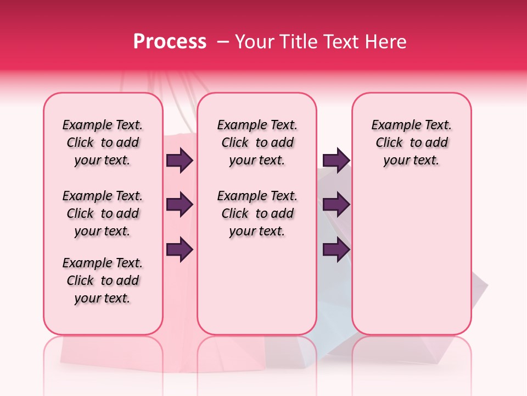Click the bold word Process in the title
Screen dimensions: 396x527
(x=170, y=42)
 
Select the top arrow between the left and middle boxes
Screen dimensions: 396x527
(x=180, y=161)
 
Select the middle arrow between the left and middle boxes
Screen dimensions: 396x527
(x=180, y=205)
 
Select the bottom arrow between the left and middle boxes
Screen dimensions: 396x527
(x=180, y=250)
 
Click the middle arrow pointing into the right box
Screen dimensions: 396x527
(x=336, y=205)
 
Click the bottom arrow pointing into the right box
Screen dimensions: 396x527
(x=336, y=250)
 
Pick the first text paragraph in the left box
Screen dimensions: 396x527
(x=103, y=142)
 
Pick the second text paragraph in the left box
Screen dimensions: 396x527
(x=103, y=213)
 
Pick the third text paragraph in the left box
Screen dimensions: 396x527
(x=103, y=280)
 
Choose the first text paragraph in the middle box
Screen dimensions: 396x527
(x=257, y=142)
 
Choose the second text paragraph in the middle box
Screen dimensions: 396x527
(x=257, y=213)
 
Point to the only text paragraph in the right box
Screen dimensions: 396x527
(x=411, y=142)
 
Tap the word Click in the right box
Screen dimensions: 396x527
(x=389, y=143)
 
